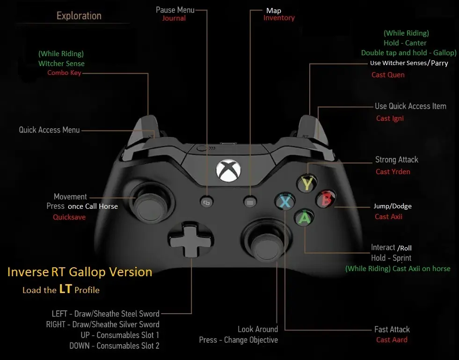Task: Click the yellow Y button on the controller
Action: tap(307, 184)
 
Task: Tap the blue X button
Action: tap(285, 201)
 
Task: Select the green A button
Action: tap(304, 218)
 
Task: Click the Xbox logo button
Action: tap(228, 170)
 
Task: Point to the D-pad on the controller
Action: tap(190, 239)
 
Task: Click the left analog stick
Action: tap(152, 205)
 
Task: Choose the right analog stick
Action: tap(266, 242)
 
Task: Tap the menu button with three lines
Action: tap(250, 202)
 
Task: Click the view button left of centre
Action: tap(207, 202)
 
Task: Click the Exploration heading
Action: tap(79, 16)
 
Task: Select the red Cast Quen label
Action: tap(388, 75)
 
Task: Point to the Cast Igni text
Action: tap(390, 118)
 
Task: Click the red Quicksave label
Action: tap(69, 217)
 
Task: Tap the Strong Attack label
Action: tap(397, 160)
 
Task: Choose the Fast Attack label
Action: tap(392, 330)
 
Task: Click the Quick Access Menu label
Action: tap(49, 130)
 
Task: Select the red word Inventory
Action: tap(279, 18)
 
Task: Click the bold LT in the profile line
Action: tap(66, 289)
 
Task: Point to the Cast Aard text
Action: tap(392, 340)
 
